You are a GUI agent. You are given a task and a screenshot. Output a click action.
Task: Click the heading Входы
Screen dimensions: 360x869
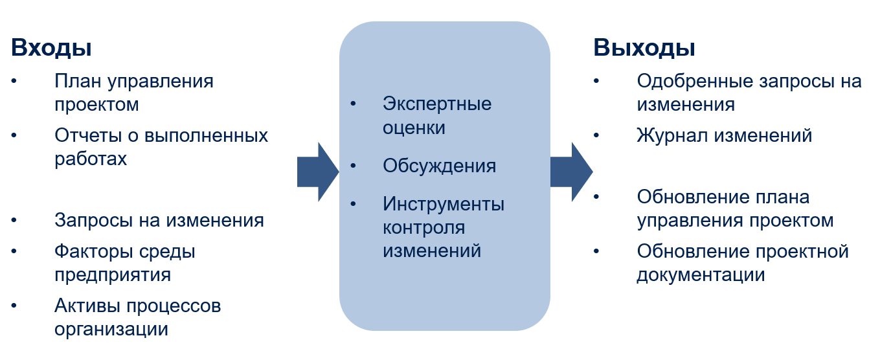(x=51, y=48)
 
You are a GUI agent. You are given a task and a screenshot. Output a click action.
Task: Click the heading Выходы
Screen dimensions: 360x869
(x=644, y=48)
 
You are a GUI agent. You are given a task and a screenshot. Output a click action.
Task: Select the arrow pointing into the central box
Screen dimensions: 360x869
(x=317, y=172)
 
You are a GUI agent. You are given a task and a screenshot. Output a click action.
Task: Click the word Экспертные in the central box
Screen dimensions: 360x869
(x=437, y=104)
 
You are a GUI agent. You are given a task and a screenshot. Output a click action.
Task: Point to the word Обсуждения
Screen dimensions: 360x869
(x=439, y=166)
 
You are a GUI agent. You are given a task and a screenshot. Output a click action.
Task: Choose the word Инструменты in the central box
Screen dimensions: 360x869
(x=444, y=204)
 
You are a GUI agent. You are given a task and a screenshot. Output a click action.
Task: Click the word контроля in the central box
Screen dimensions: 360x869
(x=423, y=227)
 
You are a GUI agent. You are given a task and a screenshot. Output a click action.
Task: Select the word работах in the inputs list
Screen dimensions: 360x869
(x=91, y=159)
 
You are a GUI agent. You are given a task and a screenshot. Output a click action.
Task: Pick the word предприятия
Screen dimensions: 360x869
(x=113, y=275)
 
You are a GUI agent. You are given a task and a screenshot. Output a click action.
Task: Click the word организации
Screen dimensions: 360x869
(x=111, y=329)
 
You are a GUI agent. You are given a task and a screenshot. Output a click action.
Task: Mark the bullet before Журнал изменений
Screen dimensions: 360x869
(x=596, y=135)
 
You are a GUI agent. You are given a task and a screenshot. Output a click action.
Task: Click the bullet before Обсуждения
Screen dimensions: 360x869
(x=353, y=166)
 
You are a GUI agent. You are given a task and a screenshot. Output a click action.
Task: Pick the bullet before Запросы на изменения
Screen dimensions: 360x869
(x=14, y=220)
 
